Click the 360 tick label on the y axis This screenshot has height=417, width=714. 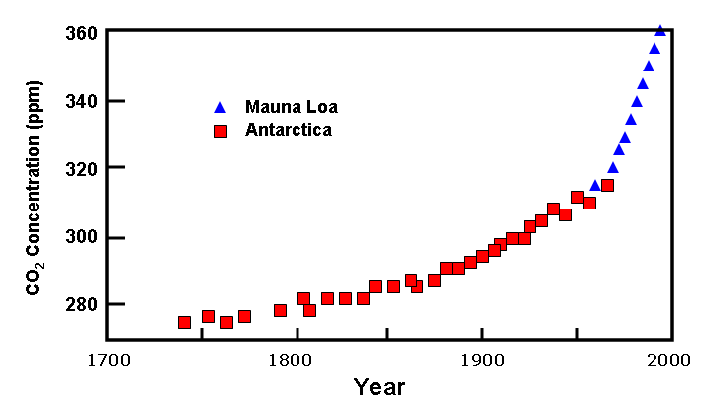point(83,32)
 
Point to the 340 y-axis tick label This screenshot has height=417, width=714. point(83,100)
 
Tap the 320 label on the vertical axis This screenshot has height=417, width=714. point(83,169)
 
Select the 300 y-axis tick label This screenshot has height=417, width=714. point(83,237)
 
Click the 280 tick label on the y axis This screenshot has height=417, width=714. point(83,304)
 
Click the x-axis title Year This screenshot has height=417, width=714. point(379,387)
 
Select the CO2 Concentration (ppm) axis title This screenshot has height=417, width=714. point(34,188)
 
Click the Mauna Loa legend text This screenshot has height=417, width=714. point(284,107)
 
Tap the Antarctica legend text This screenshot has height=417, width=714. point(288,130)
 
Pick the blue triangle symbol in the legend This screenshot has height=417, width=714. point(221,107)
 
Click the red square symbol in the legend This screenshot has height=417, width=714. point(221,130)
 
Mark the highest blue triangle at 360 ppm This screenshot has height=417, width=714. point(660,30)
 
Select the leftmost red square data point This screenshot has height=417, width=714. point(184,322)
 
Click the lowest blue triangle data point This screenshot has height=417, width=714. point(595,185)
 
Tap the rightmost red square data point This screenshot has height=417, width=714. point(607,185)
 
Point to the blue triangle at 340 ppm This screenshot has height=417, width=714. point(637,101)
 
